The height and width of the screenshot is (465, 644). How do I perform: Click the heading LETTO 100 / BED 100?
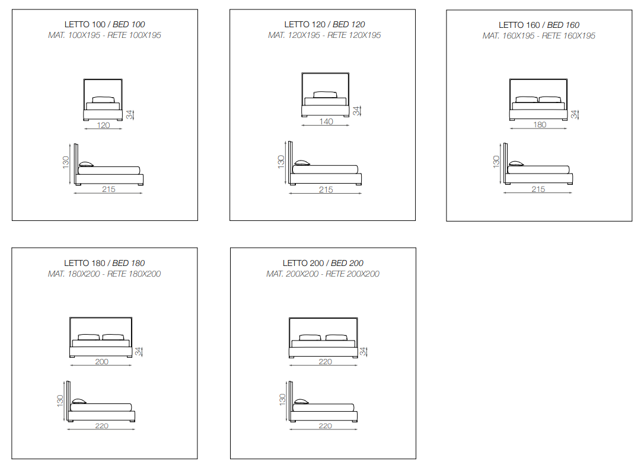105,25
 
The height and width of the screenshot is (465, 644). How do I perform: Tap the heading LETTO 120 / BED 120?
324,25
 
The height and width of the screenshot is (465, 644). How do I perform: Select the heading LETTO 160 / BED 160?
539,25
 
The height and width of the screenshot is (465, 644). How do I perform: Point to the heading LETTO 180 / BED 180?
104,263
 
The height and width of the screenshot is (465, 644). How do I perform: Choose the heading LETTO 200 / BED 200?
323,263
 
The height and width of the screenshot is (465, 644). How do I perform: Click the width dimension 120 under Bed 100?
103,125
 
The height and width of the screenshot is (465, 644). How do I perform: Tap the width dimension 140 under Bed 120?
326,121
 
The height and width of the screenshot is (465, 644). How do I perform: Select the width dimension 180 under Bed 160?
540,124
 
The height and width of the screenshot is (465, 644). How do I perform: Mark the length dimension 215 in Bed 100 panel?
109,189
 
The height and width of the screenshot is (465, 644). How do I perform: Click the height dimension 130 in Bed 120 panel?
281,162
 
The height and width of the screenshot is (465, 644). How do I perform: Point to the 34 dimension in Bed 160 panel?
574,114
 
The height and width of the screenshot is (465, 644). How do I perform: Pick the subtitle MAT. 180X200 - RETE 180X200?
104,274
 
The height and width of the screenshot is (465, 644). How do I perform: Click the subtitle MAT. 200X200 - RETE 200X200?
323,274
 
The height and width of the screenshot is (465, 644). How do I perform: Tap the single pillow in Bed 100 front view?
103,100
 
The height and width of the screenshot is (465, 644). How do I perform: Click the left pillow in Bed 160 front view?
527,100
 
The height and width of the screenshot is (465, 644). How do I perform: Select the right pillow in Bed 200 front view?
336,338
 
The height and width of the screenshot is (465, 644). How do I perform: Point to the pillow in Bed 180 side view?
79,401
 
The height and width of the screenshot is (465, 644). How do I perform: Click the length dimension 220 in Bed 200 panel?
326,425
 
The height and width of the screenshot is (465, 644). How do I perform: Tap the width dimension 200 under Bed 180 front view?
102,361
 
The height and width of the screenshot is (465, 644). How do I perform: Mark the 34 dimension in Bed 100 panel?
130,115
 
